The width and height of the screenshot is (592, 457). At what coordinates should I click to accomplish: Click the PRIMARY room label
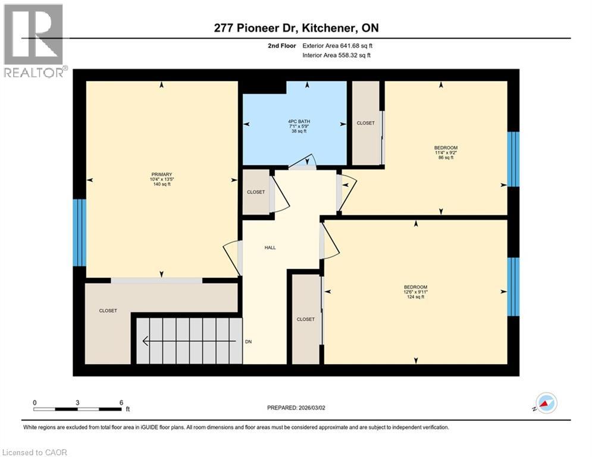[x=161, y=174]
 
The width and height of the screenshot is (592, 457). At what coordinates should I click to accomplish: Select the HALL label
[x=270, y=248]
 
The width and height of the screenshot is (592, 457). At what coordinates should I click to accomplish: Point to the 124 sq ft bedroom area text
[x=415, y=297]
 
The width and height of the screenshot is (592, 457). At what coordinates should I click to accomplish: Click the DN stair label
[x=249, y=342]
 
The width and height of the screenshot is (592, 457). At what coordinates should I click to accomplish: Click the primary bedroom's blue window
[x=79, y=232]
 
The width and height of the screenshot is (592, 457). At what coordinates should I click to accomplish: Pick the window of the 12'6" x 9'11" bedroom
[x=513, y=287]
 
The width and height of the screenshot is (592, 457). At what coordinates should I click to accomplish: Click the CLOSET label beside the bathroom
[x=365, y=123]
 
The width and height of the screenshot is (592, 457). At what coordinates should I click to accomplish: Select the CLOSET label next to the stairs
[x=108, y=311]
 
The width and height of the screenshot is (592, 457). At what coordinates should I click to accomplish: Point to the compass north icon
[x=546, y=403]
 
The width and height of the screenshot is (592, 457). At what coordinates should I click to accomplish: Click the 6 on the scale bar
[x=121, y=403]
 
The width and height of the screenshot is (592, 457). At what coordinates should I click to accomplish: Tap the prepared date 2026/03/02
[x=296, y=408]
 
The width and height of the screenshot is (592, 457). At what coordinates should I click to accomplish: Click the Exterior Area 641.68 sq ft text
[x=338, y=45]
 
